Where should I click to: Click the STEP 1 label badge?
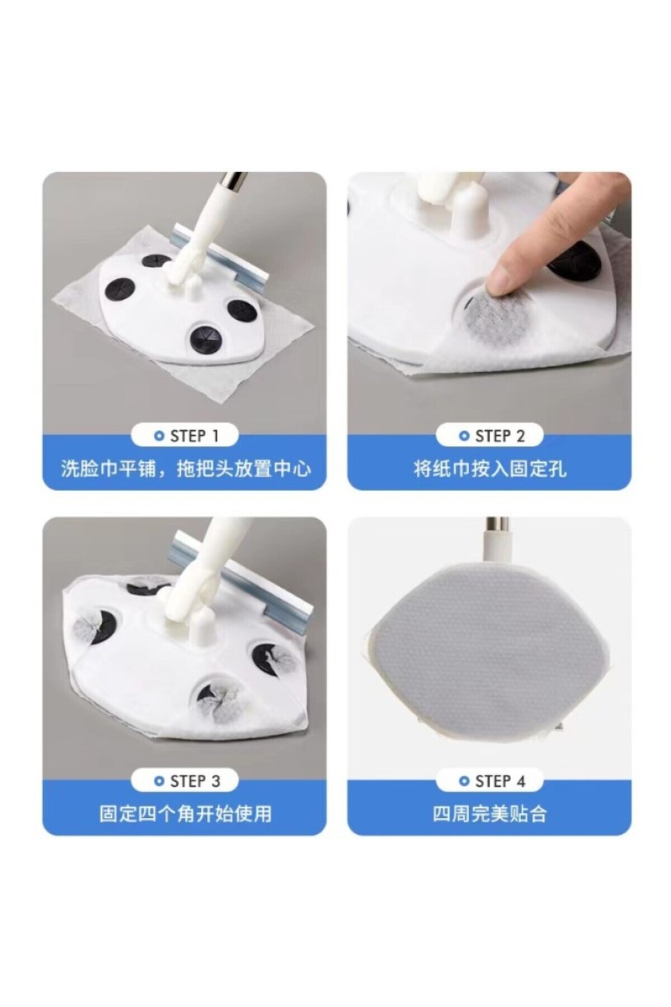pyautogui.click(x=185, y=436)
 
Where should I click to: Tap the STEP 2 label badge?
pyautogui.click(x=490, y=436)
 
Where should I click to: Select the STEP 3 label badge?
pyautogui.click(x=185, y=781)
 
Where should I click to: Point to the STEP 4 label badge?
pyautogui.click(x=490, y=781)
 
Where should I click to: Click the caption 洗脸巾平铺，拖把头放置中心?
pyautogui.click(x=185, y=468)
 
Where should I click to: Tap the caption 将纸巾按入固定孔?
pyautogui.click(x=490, y=468)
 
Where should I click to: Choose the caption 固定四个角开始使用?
pyautogui.click(x=185, y=813)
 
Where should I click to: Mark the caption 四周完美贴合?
pyautogui.click(x=490, y=813)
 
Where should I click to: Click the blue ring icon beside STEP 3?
pyautogui.click(x=159, y=782)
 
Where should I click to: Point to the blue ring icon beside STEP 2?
pyautogui.click(x=464, y=436)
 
